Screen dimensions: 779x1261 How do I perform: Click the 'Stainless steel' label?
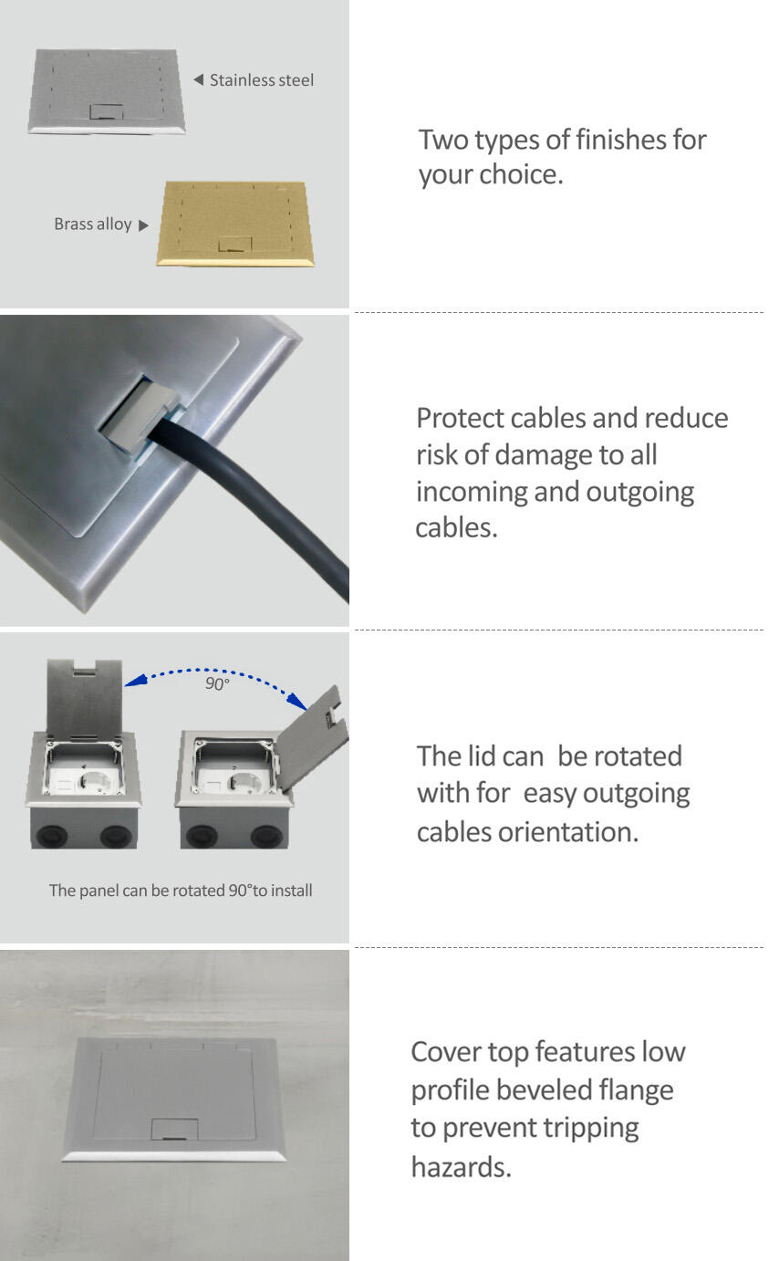point(262,80)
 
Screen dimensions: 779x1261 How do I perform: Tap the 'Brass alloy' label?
point(93,224)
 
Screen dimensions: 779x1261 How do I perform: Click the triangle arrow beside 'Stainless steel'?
point(198,80)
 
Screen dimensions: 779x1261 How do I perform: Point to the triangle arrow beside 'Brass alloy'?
point(143,225)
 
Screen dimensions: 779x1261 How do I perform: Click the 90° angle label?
point(217,684)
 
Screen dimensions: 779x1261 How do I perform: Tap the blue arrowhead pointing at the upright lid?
point(135,681)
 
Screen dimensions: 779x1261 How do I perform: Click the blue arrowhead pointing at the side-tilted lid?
point(296,701)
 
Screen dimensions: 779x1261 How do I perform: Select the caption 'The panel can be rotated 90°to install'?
point(181,891)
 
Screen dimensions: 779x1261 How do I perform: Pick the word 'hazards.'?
point(461,1167)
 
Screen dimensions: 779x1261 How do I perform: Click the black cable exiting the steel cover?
point(254,496)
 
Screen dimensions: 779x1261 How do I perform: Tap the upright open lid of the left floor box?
point(85,698)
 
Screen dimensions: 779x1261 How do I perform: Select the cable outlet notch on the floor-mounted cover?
point(174,1129)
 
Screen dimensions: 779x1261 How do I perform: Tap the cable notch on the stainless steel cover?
point(107,111)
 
